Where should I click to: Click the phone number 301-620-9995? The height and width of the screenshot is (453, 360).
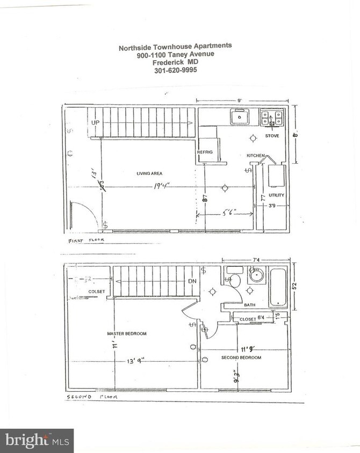pos(175,69)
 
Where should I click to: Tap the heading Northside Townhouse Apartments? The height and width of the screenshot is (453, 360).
pos(175,47)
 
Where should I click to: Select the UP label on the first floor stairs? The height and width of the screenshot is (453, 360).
pos(96,123)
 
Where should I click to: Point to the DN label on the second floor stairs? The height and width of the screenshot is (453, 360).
pos(191,281)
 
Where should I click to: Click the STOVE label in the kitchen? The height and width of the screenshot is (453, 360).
pos(272,136)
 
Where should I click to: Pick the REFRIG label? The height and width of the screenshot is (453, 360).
pos(205,152)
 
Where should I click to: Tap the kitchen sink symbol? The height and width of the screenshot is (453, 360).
pos(239,116)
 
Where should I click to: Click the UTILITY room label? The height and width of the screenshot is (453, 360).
pos(276,195)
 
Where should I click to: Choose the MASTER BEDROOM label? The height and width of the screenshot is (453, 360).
pos(127,333)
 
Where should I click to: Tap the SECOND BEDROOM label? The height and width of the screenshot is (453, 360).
pos(241,357)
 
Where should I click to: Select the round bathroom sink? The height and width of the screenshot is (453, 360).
pos(256,277)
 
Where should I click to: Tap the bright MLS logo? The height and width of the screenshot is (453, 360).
pos(37,441)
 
